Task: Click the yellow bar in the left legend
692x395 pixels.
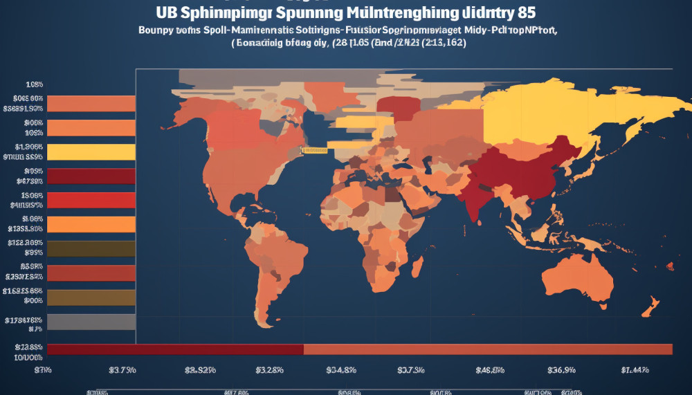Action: pyautogui.click(x=90, y=152)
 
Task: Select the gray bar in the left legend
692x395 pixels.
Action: pyautogui.click(x=90, y=322)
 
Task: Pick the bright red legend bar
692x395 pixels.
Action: pyautogui.click(x=90, y=201)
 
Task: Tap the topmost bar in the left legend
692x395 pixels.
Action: pyautogui.click(x=90, y=104)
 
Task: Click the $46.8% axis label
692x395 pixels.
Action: pyautogui.click(x=490, y=370)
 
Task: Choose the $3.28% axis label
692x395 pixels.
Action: pyautogui.click(x=269, y=370)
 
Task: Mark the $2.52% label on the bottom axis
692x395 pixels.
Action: pyautogui.click(x=200, y=370)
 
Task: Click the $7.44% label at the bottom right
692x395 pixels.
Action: pyautogui.click(x=635, y=370)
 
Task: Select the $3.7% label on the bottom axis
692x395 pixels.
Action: pyautogui.click(x=122, y=370)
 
